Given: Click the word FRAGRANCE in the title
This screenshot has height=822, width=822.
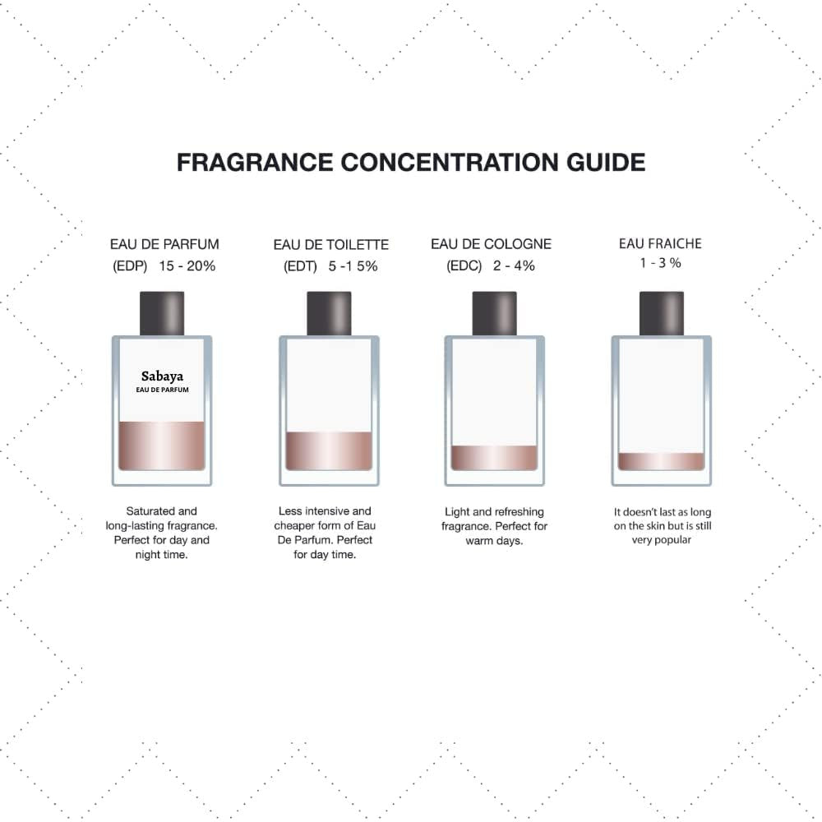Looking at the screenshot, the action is point(255,163).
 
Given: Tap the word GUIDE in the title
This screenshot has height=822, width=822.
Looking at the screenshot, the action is point(606,163).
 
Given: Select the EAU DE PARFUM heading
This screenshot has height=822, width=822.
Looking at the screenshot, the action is point(164,244).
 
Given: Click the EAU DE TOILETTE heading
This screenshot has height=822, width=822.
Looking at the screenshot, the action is point(330,245).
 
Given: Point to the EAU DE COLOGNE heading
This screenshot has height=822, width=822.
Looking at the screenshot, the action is point(492,244).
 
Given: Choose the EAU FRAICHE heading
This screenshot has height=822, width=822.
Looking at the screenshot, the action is point(661,244).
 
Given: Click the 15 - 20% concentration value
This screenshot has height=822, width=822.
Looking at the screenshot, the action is point(187,266).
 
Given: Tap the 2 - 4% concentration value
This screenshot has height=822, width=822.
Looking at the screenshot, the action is point(514,266).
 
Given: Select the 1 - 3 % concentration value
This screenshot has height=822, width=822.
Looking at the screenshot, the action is point(661,263).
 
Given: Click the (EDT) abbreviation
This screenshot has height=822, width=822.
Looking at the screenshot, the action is point(300,267).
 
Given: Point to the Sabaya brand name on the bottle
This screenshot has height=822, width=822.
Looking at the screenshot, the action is point(162,376).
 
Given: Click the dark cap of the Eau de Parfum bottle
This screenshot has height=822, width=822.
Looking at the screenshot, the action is point(162,313).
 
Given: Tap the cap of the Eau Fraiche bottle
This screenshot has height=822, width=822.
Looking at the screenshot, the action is point(662,313).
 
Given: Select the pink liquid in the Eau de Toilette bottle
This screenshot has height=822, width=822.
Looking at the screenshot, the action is point(329,450).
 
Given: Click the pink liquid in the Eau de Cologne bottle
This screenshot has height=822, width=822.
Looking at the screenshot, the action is point(494,458).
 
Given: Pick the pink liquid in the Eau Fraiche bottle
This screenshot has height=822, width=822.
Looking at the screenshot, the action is point(662,461).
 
